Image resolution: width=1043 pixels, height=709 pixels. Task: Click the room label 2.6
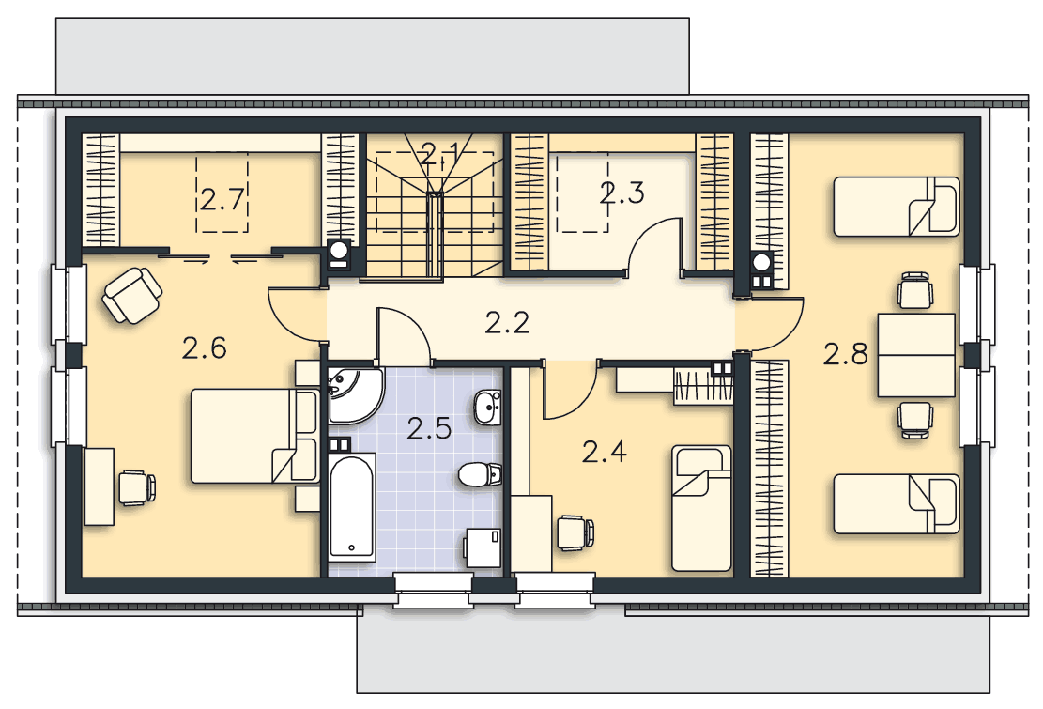(x=205, y=347)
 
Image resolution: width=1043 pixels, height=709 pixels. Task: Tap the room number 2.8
(x=846, y=354)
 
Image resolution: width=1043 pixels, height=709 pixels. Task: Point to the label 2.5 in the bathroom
(x=429, y=428)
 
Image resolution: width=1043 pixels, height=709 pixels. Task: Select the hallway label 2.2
(x=507, y=323)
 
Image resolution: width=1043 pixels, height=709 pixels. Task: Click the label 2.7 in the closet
(x=222, y=199)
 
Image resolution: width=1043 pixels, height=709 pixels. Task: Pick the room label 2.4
(x=604, y=453)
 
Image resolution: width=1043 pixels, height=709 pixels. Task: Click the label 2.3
(x=621, y=193)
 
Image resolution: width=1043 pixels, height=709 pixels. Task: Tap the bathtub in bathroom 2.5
(x=352, y=506)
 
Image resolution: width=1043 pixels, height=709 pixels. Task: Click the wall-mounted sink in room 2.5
(x=487, y=406)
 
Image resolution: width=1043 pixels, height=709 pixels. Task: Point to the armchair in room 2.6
(x=131, y=295)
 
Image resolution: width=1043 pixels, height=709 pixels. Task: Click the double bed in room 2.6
(x=254, y=436)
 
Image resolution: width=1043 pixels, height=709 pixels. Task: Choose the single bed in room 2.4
(x=701, y=508)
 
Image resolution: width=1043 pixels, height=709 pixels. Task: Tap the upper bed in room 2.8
(x=896, y=207)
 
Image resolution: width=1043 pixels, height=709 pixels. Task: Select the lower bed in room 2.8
(x=896, y=503)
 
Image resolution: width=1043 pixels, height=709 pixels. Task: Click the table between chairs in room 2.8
(x=916, y=355)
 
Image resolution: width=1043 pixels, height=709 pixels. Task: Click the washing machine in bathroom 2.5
(x=483, y=547)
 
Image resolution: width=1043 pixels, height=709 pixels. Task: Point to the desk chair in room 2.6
(x=137, y=487)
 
